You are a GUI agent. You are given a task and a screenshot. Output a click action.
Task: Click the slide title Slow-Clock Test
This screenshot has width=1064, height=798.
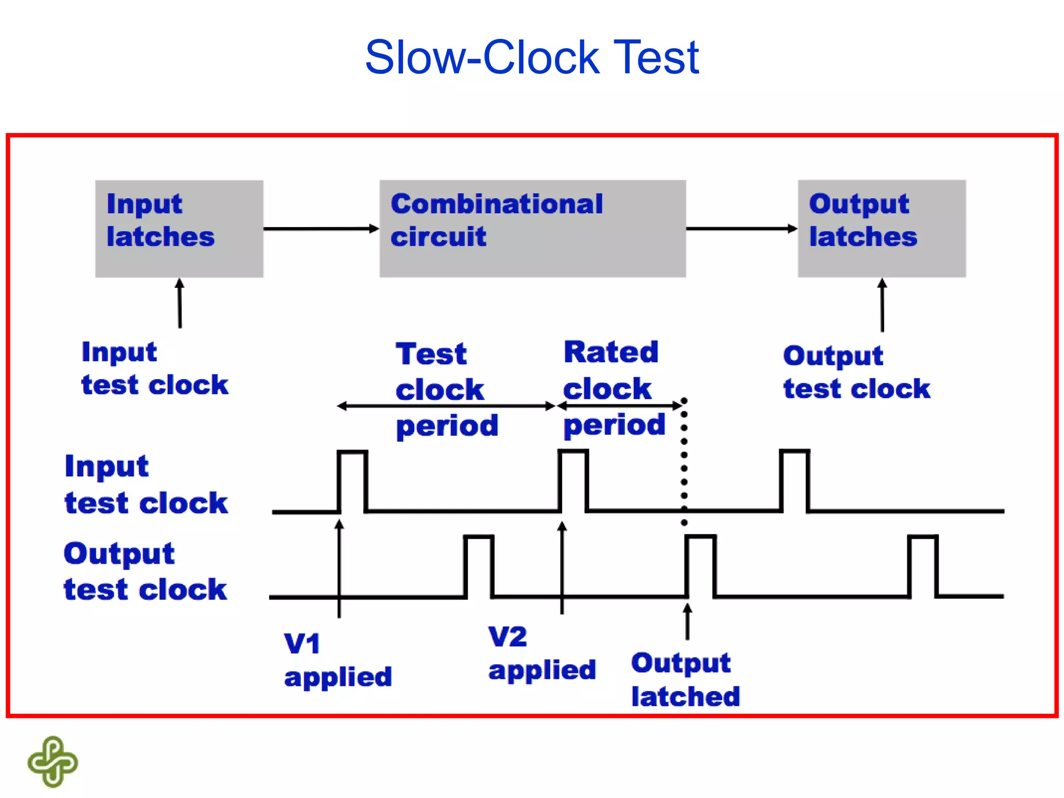(531, 57)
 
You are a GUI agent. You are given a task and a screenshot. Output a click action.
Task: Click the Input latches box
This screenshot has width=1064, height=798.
(179, 229)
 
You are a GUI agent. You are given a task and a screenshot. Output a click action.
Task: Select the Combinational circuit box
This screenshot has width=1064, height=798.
(532, 229)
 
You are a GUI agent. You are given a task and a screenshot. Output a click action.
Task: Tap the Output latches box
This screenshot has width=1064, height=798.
(882, 229)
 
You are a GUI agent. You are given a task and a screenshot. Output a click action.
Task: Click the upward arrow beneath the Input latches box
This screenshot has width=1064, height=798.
(180, 303)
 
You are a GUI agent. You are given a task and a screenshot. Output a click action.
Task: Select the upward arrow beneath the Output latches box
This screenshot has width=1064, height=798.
(882, 305)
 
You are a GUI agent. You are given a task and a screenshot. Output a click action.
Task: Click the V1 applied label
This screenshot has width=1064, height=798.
(338, 660)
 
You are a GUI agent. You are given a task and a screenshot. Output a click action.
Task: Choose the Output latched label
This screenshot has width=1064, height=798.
(685, 679)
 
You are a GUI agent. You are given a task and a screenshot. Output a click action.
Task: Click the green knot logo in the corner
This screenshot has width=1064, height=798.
(52, 761)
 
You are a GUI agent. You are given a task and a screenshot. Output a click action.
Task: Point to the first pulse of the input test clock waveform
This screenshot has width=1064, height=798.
(353, 481)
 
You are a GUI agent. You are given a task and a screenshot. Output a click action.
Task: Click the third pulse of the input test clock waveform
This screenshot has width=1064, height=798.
(795, 481)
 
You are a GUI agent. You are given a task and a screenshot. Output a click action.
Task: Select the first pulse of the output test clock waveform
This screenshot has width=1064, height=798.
(478, 566)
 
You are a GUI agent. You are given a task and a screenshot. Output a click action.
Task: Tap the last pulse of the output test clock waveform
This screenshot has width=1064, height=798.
(923, 566)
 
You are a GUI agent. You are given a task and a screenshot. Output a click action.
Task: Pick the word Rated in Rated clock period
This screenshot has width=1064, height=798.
(611, 352)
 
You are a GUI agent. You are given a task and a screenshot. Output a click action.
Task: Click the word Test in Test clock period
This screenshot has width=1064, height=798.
(431, 354)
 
